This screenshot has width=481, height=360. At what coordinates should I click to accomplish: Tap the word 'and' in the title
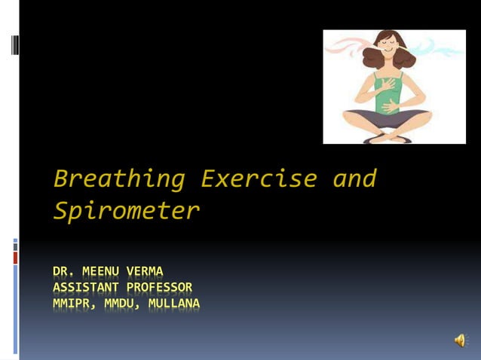354,179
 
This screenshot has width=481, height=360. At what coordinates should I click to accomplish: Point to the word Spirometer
126,211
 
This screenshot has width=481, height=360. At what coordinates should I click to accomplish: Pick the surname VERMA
148,271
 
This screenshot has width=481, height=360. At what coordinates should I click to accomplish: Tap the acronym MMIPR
72,304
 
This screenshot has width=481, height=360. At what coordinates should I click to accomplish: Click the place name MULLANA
174,304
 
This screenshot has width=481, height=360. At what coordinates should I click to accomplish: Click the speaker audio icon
459,341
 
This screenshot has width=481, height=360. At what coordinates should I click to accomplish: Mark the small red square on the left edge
15,258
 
